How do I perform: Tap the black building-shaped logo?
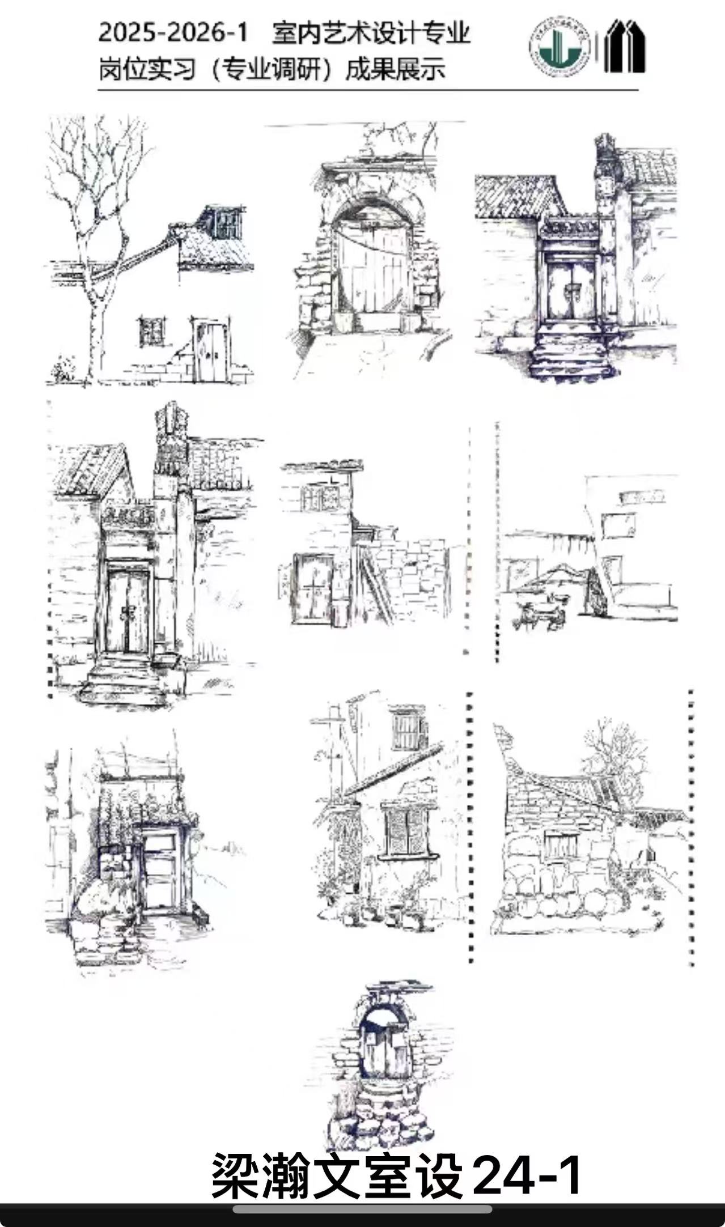(x=624, y=46)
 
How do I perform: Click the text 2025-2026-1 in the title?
(x=173, y=33)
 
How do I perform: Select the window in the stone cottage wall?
(x=561, y=844)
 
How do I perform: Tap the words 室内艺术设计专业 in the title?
(x=371, y=33)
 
